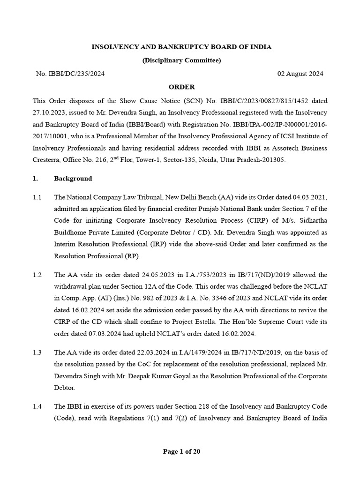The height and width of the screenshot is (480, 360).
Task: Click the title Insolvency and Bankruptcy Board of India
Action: [181, 47]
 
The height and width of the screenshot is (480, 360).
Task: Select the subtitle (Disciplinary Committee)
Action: [181, 60]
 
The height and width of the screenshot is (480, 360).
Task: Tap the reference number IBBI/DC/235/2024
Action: [74, 74]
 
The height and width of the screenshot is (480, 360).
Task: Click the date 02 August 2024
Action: [300, 74]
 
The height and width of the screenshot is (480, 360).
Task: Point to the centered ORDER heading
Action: [181, 87]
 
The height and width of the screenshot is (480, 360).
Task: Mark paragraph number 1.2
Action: [37, 275]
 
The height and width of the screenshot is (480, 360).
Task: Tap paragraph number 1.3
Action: [37, 352]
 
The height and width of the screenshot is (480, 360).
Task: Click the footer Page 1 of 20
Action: [181, 452]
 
